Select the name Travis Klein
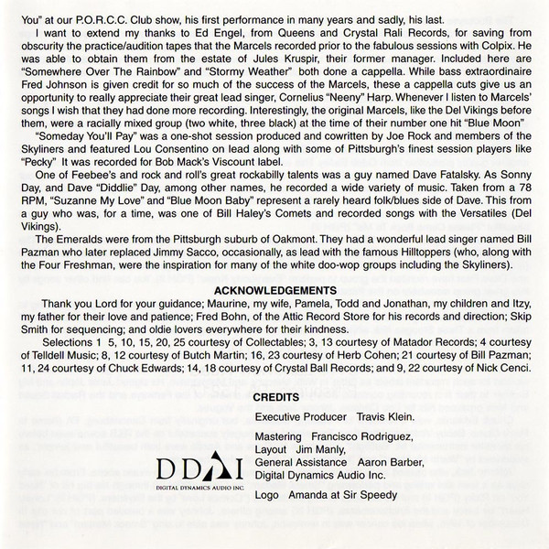tap(385, 418)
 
